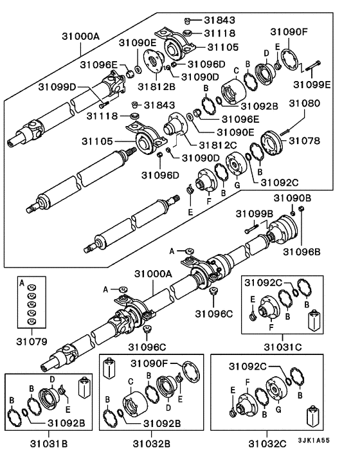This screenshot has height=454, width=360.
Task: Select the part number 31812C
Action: click(202, 146)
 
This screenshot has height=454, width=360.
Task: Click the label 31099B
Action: click(255, 213)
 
